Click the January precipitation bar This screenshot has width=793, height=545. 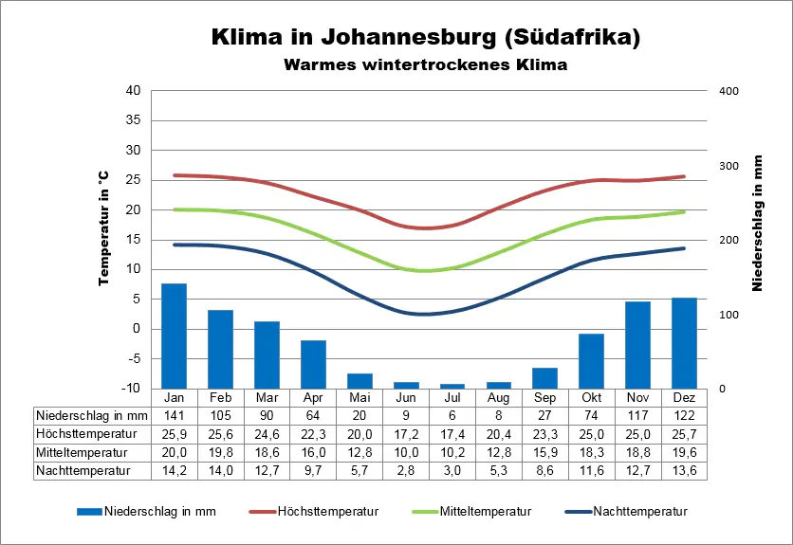[174, 336]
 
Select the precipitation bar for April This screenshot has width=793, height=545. [313, 364]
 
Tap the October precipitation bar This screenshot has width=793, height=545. [591, 360]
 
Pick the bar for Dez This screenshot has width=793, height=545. [684, 342]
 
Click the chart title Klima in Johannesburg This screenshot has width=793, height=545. [424, 38]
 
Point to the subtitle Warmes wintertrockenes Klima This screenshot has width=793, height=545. [424, 65]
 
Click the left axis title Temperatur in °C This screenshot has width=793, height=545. [103, 228]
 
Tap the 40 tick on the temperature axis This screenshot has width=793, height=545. [133, 91]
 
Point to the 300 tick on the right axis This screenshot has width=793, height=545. [728, 166]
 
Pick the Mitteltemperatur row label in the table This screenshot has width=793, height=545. [82, 452]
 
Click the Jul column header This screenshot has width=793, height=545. [452, 397]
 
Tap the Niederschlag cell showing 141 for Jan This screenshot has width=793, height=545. [174, 415]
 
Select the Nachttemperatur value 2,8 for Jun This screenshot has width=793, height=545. [406, 470]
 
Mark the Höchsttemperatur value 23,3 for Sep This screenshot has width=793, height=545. [544, 433]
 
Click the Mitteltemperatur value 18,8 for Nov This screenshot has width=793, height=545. [637, 452]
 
